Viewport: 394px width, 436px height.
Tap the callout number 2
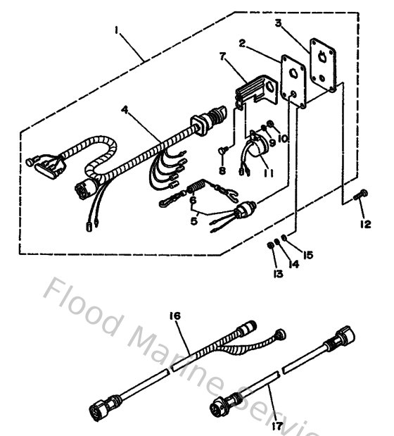pos(241,43)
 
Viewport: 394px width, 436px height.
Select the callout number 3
pos(279,23)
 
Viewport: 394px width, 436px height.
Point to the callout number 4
pos(124,110)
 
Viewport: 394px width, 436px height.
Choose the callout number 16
pos(175,316)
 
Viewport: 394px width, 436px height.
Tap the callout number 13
pos(279,273)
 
